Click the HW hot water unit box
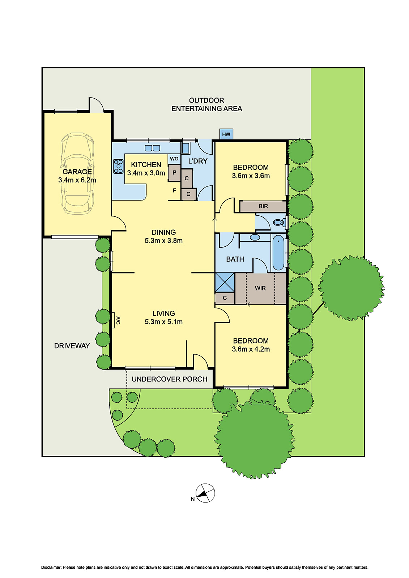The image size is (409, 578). [226, 134]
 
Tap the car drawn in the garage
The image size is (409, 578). [77, 173]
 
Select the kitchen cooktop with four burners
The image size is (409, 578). [118, 167]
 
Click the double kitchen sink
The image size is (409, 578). [152, 148]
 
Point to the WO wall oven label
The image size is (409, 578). [174, 159]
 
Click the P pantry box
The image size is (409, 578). [174, 173]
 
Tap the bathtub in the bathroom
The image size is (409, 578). [278, 253]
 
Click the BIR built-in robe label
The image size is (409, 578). [263, 206]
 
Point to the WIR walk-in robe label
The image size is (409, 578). [260, 288]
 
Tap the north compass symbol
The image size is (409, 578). [205, 493]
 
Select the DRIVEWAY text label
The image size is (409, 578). [72, 346]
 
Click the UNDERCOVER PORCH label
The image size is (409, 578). [169, 379]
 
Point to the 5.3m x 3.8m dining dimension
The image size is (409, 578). [163, 241]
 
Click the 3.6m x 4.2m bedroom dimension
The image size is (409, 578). [251, 349]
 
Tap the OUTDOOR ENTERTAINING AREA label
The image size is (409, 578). [206, 104]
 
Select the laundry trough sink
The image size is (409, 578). [186, 148]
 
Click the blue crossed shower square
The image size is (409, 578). [225, 282]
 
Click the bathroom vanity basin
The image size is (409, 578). [255, 237]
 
